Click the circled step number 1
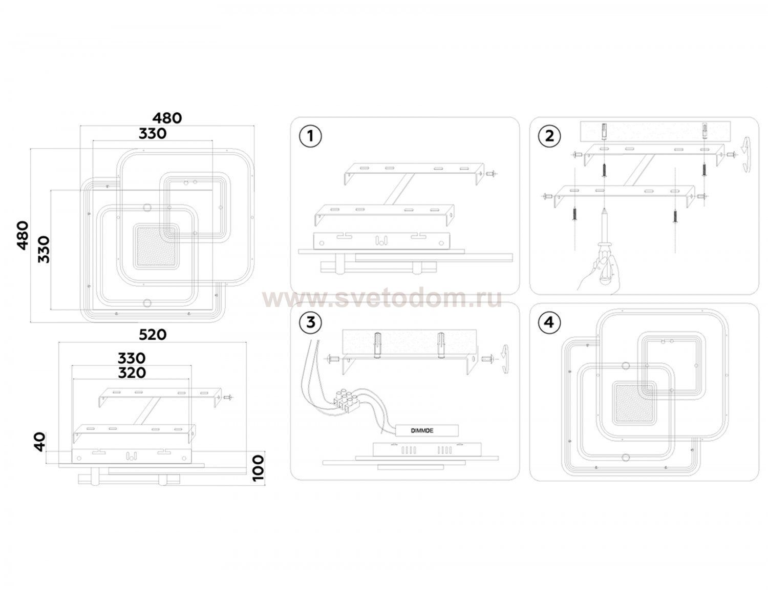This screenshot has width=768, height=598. tap(310, 136)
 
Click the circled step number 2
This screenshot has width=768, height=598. tap(549, 136)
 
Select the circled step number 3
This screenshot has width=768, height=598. tap(310, 322)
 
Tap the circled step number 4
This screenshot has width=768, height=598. tap(549, 322)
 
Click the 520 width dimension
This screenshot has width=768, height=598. tap(153, 335)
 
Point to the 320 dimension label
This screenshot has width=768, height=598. tap(132, 373)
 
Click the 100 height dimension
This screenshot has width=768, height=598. tap(259, 468)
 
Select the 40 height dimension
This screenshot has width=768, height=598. tap(40, 442)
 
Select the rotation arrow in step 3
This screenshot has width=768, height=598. tap(505, 359)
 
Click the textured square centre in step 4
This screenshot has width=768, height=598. tap(634, 402)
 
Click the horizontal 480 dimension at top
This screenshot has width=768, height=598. tap(167, 118)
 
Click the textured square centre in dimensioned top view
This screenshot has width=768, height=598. tap(155, 246)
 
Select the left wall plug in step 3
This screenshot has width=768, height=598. tap(377, 345)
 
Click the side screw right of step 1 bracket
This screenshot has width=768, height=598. tap(492, 174)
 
